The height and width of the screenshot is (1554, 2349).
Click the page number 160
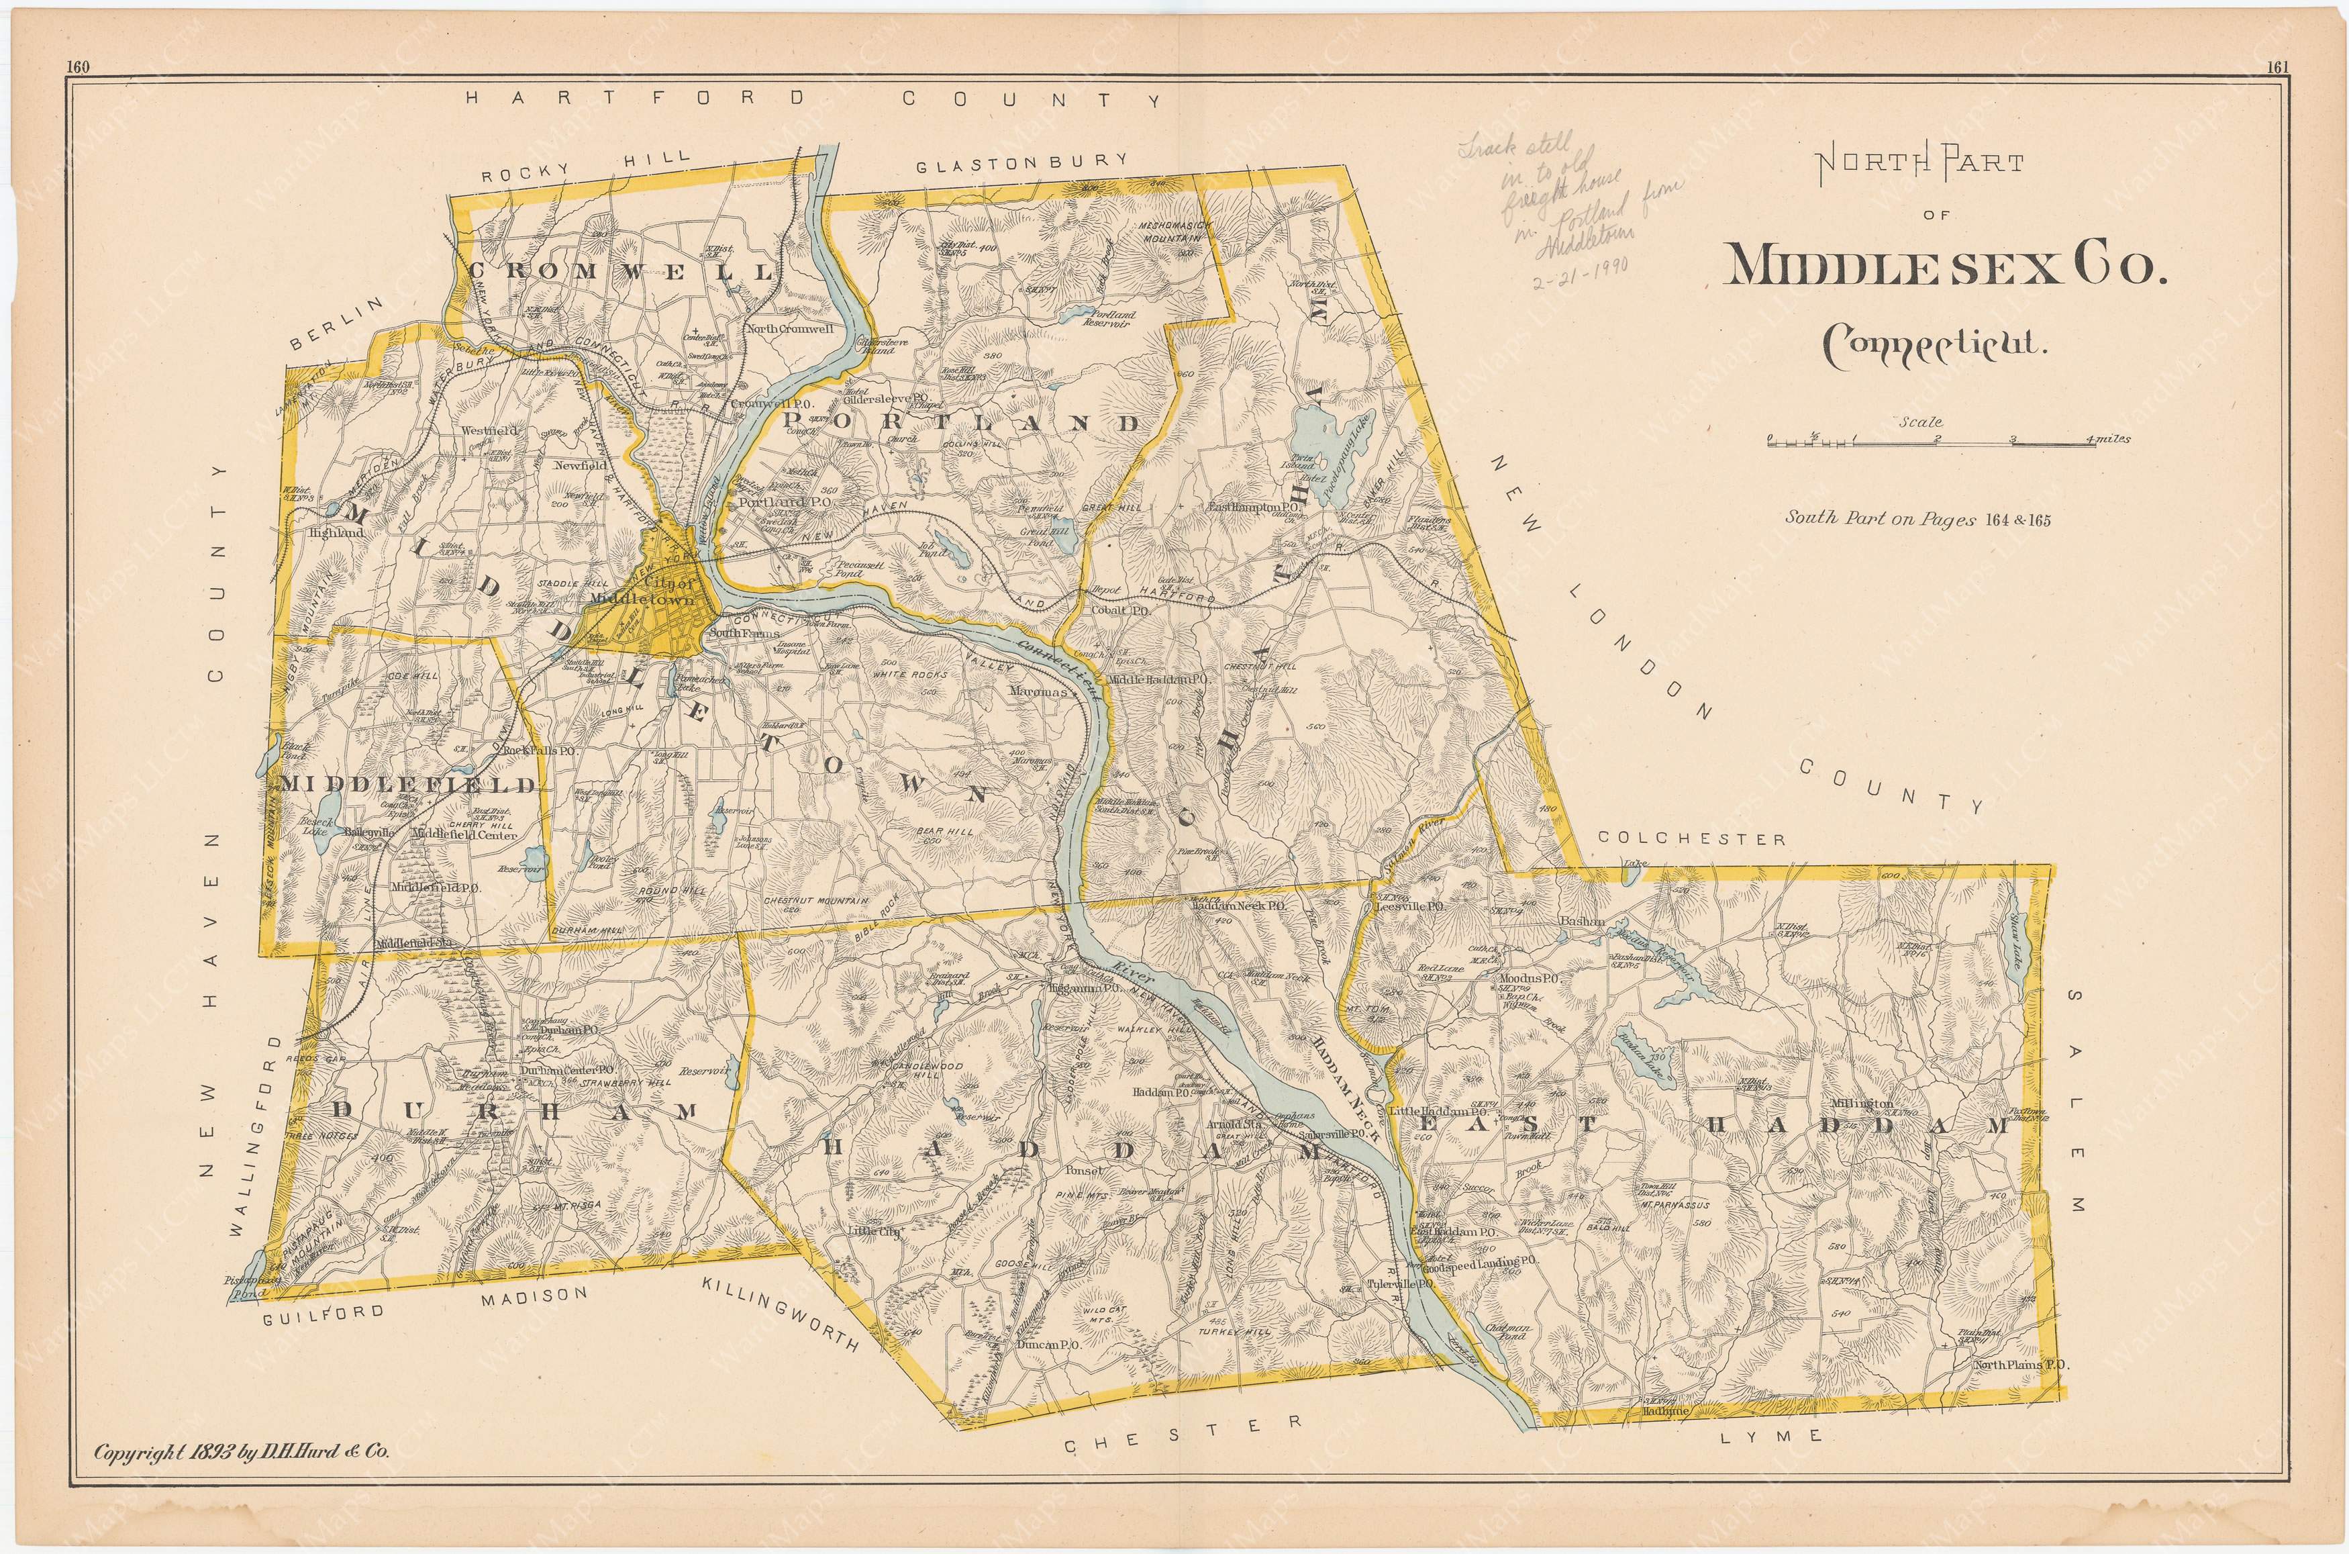[75, 67]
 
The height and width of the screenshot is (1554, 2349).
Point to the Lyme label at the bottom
[1787, 1463]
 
